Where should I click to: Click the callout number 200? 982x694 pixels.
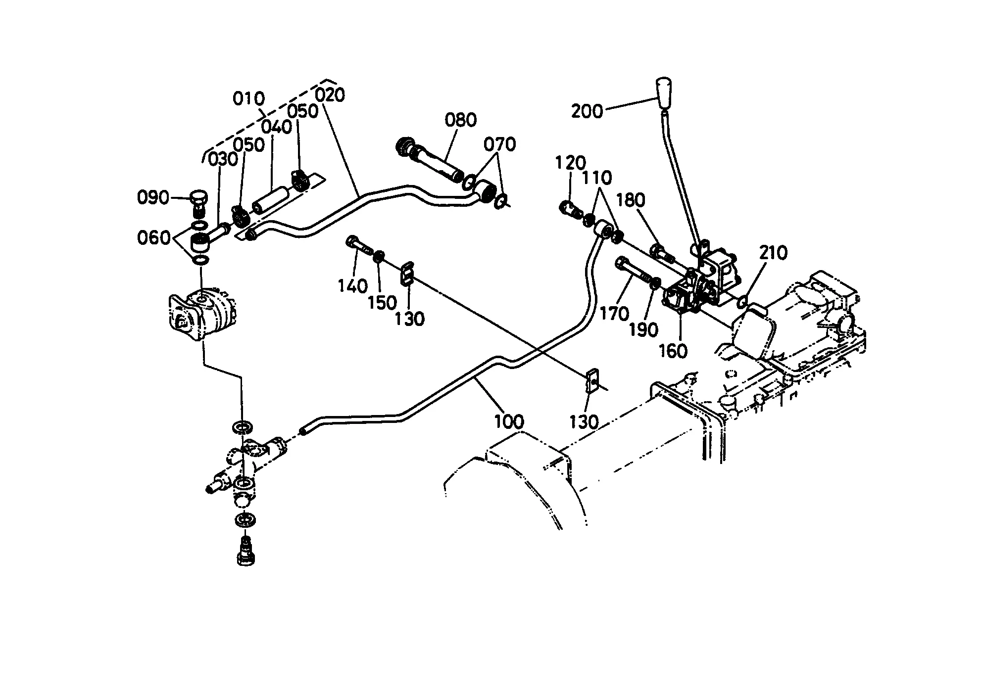588,111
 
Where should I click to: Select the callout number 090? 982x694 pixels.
153,198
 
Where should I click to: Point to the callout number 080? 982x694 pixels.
461,120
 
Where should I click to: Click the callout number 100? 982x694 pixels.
509,422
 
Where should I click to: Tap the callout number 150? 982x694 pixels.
383,303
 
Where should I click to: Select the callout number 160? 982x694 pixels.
673,351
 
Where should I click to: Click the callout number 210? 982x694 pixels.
773,253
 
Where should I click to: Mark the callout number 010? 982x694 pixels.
249,99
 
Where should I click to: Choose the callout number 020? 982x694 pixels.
330,94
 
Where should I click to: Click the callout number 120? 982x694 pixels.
571,162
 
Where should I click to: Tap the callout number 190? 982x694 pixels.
643,330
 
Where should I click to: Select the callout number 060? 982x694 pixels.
153,238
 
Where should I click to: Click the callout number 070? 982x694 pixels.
500,144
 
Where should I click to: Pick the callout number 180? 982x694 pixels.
631,200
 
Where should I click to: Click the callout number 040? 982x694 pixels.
277,127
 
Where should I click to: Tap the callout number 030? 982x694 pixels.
223,159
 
